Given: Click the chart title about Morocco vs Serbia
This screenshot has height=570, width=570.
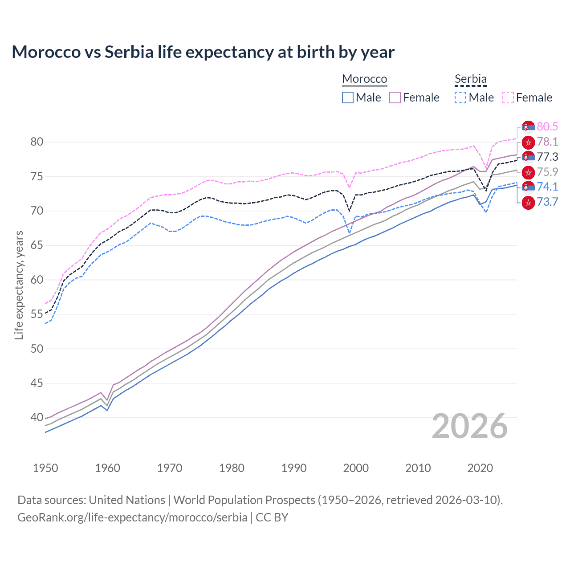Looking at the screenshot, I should coord(203,52).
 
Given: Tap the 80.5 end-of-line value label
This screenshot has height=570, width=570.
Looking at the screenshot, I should coord(547,126).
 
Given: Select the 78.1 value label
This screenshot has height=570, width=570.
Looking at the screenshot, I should coord(547,142).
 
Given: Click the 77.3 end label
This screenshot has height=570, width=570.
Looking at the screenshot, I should coord(547,157).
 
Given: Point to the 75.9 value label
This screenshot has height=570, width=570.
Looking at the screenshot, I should coord(547,172).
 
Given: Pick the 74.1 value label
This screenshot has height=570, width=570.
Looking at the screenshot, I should coord(547,187).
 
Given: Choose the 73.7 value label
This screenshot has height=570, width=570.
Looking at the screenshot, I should coord(547,202).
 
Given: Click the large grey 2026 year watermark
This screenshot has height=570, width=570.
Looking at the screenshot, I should coord(469,427).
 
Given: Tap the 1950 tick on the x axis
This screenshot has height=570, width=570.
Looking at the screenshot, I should coord(45,468).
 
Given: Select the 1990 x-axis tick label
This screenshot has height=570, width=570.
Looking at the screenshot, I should coord(294,468).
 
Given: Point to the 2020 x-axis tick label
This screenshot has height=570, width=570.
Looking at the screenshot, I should coord(480,468).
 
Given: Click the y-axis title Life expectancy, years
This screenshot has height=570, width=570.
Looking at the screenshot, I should coord(19,285).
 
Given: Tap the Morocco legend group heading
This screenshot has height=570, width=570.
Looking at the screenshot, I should coord(364,79).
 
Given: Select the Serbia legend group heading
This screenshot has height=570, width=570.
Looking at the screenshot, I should coord(470,79).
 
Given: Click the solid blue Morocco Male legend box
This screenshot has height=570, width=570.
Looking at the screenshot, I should coord(348,98).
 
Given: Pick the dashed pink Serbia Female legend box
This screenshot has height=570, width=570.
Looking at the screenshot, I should coord(508,98).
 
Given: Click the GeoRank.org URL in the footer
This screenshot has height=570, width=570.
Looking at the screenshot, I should coord(132,517).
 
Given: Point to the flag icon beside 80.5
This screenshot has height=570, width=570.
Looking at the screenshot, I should coord(528,127).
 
